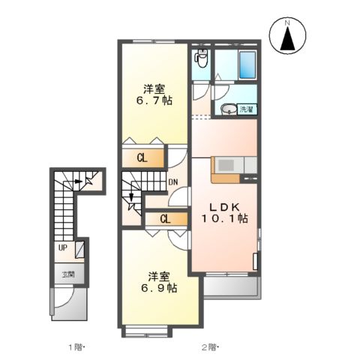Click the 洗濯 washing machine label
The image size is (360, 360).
(x=247, y=109)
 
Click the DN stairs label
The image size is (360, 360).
(x=172, y=182)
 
